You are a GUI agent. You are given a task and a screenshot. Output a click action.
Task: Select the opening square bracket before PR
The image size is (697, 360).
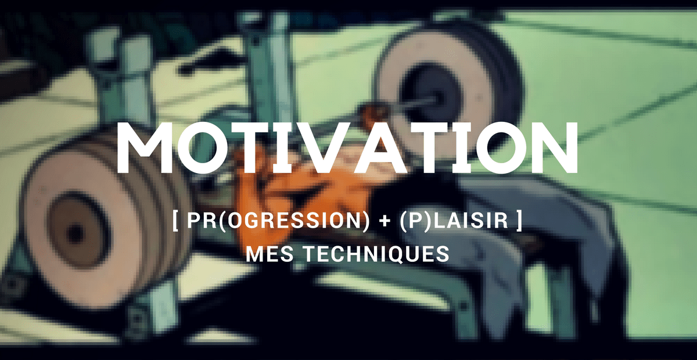(x=175, y=223)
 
